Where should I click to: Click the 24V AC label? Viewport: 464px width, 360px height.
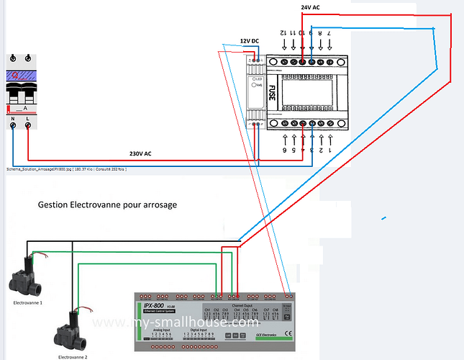(311, 6)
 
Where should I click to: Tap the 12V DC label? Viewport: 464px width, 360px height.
(251, 41)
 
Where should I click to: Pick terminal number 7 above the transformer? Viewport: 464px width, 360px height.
(329, 34)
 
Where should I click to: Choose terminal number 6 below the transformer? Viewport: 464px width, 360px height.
(284, 150)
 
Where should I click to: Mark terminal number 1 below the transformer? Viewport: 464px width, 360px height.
(329, 150)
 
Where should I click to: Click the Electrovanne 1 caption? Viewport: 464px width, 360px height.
(28, 303)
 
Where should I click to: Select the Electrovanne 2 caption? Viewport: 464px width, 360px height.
(73, 356)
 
